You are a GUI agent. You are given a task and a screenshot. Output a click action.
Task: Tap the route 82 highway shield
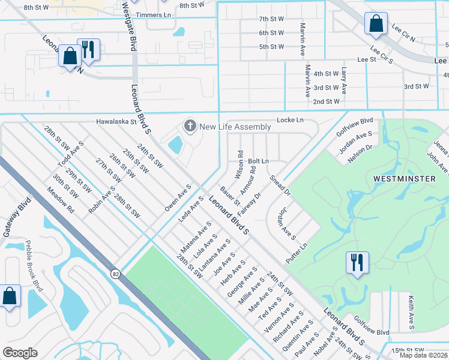(x=115, y=274)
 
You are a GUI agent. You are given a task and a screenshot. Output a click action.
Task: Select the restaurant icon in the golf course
(x=357, y=263)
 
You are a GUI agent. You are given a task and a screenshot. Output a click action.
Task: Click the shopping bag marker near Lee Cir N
(x=376, y=25)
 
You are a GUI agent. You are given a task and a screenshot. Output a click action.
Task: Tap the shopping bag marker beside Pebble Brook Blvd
(x=10, y=296)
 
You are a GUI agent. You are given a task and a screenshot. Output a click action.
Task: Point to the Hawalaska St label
(x=117, y=121)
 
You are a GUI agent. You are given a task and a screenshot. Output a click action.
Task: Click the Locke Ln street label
(x=290, y=121)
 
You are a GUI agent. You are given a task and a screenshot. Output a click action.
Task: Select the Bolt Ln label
(x=258, y=161)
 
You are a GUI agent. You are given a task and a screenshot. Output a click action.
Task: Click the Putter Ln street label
(x=297, y=246)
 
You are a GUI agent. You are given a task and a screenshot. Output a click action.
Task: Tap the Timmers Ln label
(x=152, y=14)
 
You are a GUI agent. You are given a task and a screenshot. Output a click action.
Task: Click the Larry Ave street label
(x=344, y=81)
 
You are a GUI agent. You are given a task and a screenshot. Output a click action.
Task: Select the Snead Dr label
(x=280, y=185)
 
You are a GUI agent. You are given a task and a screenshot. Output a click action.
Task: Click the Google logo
(x=20, y=353)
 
